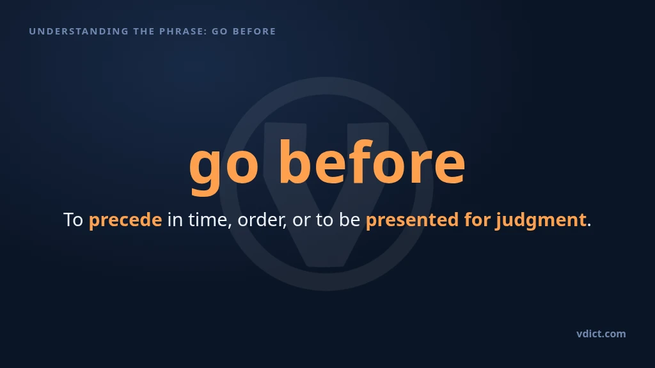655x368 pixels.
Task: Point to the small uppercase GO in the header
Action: point(220,31)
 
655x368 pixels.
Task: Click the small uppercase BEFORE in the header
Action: point(254,31)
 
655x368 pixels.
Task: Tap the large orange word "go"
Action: point(224,166)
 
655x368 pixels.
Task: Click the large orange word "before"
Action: point(372,161)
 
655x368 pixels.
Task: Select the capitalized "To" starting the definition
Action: point(73,220)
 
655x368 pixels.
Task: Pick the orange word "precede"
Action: point(125,220)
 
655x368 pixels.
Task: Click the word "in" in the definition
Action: point(175,220)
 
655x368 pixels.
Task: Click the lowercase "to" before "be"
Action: point(324,220)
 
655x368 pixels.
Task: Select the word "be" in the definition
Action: point(350,220)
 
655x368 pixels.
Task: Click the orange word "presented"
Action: point(413,220)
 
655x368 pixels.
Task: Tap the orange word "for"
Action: point(477,220)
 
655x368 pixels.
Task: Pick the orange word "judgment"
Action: point(541,220)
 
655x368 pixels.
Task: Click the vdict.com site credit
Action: point(601,333)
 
